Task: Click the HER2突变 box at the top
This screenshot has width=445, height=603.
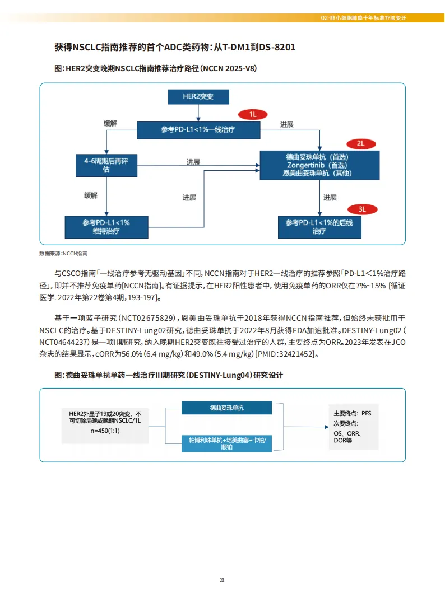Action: [198, 96]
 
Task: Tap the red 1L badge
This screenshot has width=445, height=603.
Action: [253, 114]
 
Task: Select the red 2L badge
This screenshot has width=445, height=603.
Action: [361, 143]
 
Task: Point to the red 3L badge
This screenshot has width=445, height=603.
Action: [362, 209]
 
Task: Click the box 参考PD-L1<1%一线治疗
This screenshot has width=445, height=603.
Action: [198, 130]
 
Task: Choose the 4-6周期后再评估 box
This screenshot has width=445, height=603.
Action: [106, 165]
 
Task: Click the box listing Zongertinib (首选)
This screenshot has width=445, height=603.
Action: [319, 165]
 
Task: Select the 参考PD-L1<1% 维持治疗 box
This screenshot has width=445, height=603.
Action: [106, 227]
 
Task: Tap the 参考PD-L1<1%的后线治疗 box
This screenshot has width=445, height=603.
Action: [319, 227]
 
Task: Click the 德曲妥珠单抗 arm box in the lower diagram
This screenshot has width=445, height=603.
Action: [227, 408]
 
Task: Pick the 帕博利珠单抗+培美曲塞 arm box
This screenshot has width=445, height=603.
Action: [227, 443]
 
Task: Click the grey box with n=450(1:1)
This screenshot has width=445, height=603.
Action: [105, 426]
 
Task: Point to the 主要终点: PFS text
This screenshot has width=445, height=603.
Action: [352, 413]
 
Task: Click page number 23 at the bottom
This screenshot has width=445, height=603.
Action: [222, 580]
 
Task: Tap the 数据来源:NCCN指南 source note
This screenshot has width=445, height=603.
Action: [63, 254]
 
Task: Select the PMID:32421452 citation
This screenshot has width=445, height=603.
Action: [285, 354]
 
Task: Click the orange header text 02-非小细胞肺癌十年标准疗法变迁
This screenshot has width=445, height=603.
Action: [364, 18]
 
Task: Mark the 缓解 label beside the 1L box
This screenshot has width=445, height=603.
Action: [110, 123]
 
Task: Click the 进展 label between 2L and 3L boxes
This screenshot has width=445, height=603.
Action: [330, 197]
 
